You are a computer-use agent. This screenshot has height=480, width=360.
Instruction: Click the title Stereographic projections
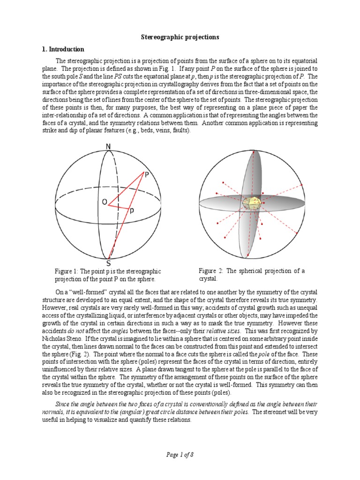(x=180, y=37)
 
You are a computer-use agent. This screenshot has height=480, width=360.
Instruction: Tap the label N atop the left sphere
(x=108, y=147)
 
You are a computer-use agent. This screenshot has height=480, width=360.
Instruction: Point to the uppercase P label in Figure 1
(x=147, y=174)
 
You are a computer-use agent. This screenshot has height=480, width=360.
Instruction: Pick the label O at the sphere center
(x=104, y=202)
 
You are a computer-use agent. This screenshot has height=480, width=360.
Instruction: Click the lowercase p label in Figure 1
(x=132, y=210)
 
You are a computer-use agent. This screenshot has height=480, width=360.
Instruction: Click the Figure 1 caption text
(x=108, y=275)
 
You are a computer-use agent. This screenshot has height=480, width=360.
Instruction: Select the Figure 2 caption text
(x=252, y=275)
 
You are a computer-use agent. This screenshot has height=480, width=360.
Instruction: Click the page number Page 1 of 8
(x=180, y=454)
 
